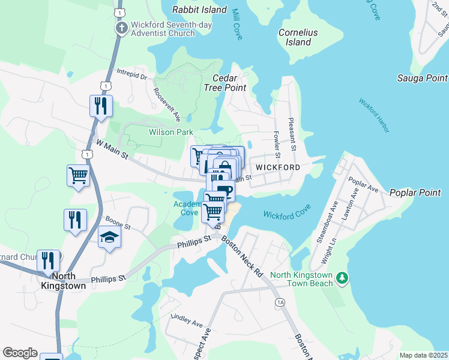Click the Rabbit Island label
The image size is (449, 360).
[199, 10]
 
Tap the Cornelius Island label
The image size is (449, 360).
[298, 37]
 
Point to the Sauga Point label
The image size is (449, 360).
[422, 78]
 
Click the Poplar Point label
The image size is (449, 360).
[415, 193]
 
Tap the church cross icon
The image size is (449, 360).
[121, 28]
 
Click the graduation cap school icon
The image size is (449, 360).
[109, 238]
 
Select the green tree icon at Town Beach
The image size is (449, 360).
[342, 277]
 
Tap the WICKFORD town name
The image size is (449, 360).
[278, 167]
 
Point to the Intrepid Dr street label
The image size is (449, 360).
[132, 76]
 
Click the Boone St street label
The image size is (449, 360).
[117, 223]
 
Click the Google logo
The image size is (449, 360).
[20, 353]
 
